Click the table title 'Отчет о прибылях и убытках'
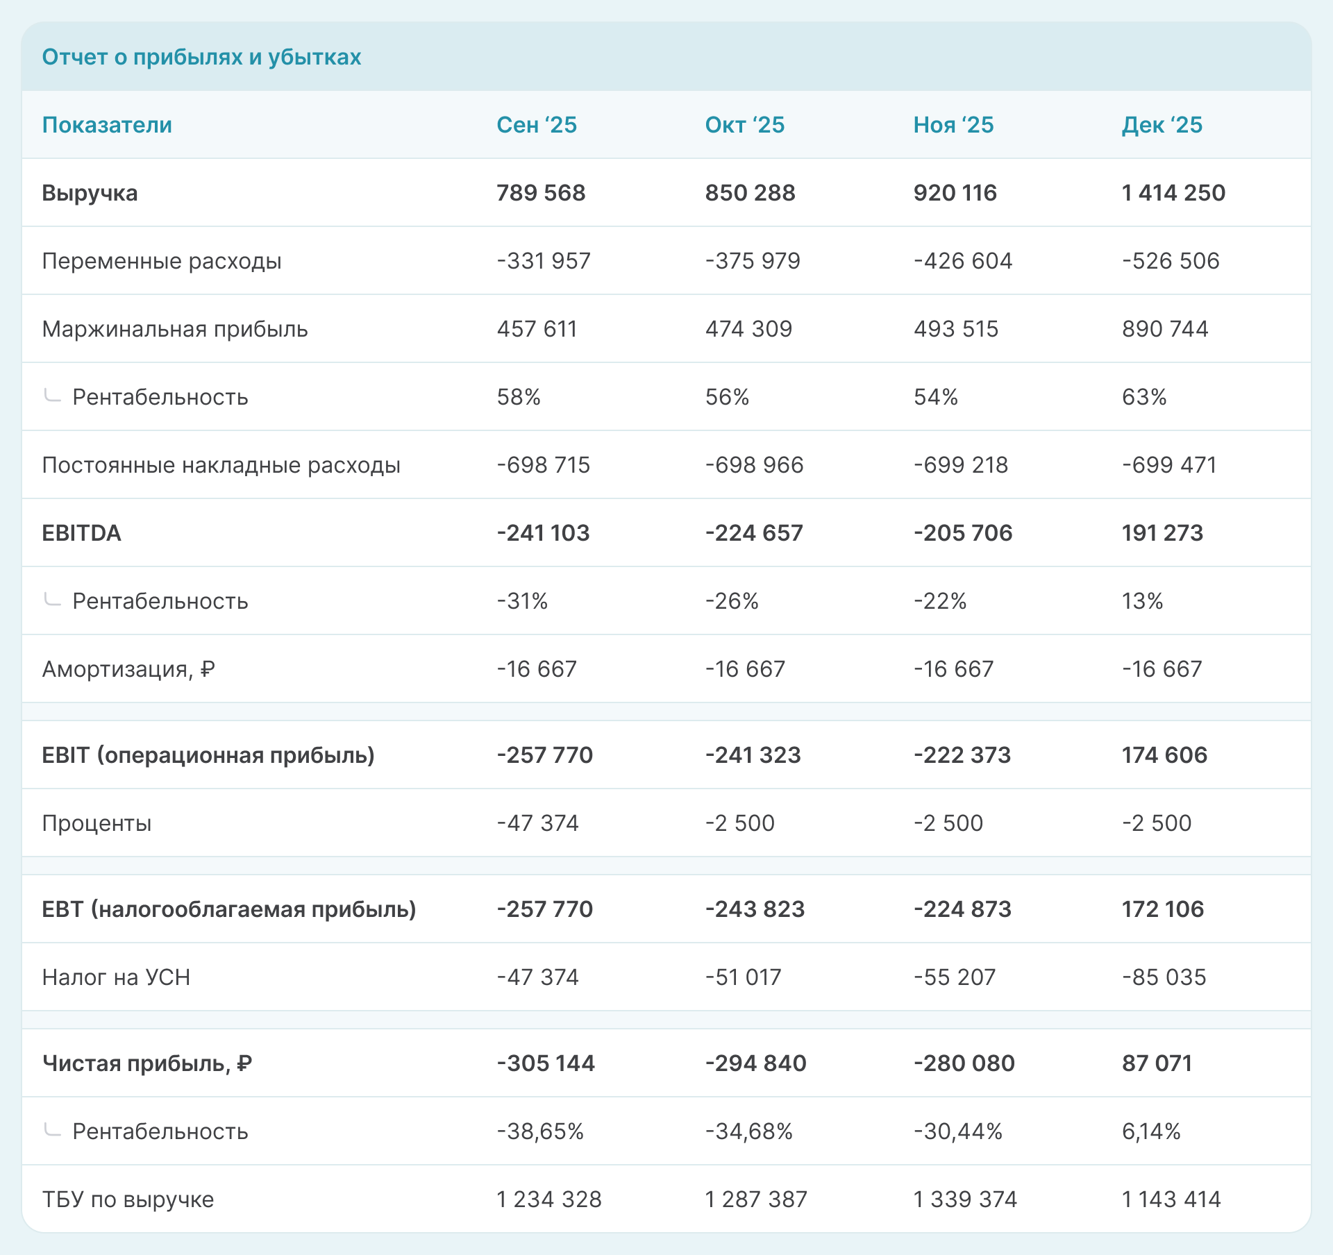[x=201, y=57]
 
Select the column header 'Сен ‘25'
[x=537, y=125]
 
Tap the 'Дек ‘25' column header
[x=1162, y=125]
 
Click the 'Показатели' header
[x=107, y=125]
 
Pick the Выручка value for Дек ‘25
[x=1173, y=193]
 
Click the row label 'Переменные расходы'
[x=162, y=261]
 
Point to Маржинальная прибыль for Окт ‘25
[x=748, y=329]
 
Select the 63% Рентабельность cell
[x=1144, y=397]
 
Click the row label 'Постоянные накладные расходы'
[x=221, y=465]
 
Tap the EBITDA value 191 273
[x=1162, y=533]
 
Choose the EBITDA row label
[x=81, y=533]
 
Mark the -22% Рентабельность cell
[x=940, y=601]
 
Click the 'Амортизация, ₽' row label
[x=128, y=669]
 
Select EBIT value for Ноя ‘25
[x=962, y=755]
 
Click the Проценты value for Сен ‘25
[x=537, y=823]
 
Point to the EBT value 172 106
[x=1162, y=909]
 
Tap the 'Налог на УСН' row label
[x=116, y=977]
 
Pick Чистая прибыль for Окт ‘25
[x=755, y=1063]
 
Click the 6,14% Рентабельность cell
[x=1151, y=1131]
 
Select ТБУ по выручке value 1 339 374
[x=965, y=1199]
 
